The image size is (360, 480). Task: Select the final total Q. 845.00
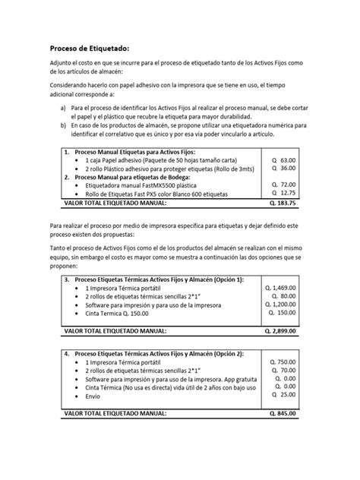(280, 414)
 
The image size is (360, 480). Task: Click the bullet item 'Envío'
(93, 395)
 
